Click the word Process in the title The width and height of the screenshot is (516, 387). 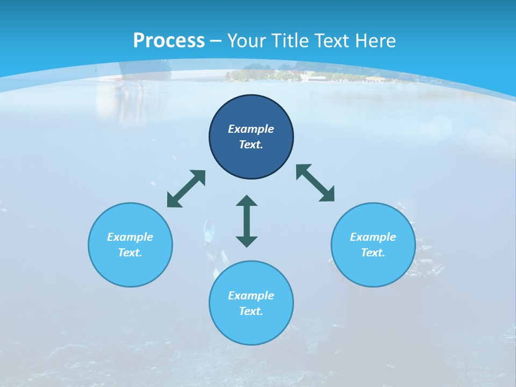click(x=169, y=41)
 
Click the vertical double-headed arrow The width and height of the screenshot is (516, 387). click(x=247, y=221)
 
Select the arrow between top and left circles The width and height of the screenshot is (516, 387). click(x=186, y=189)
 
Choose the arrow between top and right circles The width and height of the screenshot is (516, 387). click(x=315, y=183)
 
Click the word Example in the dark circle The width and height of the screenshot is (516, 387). click(x=251, y=129)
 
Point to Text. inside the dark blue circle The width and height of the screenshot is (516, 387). click(x=251, y=145)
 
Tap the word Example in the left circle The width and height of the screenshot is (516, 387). click(x=130, y=237)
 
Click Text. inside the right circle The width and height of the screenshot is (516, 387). click(x=373, y=253)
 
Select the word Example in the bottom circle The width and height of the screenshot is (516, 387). click(x=251, y=296)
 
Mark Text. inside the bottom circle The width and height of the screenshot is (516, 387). click(x=251, y=311)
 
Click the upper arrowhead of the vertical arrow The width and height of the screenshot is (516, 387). click(x=247, y=201)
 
